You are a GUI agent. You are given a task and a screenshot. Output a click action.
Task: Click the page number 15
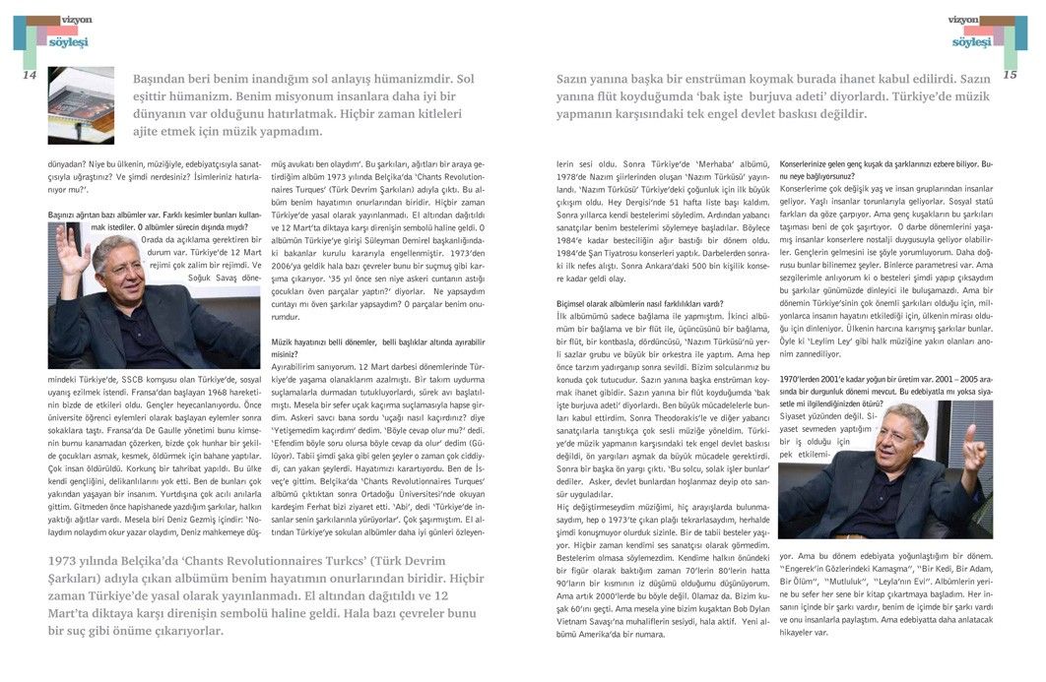pos(1010,75)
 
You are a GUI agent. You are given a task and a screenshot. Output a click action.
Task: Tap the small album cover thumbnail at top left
pos(81,105)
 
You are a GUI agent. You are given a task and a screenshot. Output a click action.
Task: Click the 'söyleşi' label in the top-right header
pos(971,41)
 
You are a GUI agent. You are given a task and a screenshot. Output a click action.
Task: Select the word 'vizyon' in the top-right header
pos(962,19)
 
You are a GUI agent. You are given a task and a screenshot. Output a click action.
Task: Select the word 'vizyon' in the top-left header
pos(76,19)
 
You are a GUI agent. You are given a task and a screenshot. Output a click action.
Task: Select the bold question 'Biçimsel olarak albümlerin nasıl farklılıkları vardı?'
pos(640,304)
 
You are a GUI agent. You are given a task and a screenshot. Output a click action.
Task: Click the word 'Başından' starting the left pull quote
pos(164,79)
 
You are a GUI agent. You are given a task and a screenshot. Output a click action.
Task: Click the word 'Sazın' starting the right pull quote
pos(576,79)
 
